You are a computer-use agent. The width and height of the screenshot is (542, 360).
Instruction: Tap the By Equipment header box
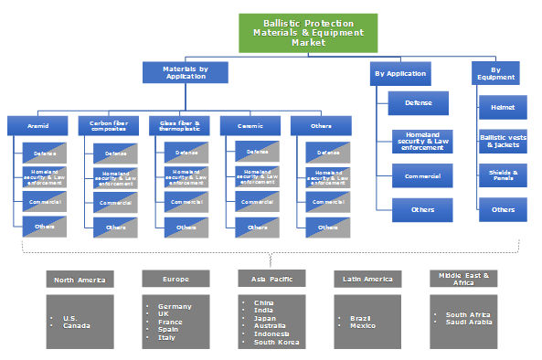[495, 73]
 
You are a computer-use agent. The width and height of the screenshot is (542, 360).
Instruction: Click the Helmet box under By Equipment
[503, 108]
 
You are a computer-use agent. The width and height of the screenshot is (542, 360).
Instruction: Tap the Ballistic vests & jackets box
[503, 141]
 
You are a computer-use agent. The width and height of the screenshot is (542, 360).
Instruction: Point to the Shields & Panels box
[503, 175]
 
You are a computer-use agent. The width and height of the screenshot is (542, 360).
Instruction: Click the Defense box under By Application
[418, 103]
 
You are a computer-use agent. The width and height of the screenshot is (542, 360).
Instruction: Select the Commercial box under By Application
[421, 175]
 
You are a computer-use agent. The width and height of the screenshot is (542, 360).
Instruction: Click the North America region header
[80, 279]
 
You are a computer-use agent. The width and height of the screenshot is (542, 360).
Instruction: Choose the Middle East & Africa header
[463, 279]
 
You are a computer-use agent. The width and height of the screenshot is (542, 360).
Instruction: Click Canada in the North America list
[76, 325]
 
